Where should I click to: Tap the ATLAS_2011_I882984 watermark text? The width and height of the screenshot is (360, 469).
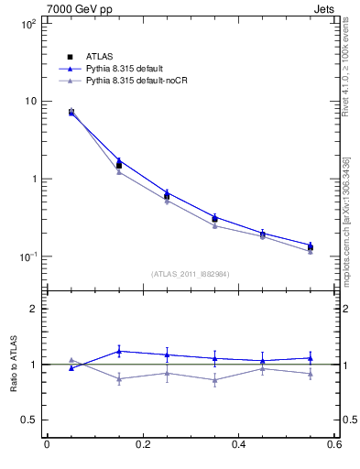pyautogui.click(x=191, y=273)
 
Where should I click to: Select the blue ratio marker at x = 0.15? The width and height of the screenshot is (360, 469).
pyautogui.click(x=119, y=351)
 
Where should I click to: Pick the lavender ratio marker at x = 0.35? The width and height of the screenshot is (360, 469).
pyautogui.click(x=214, y=379)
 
